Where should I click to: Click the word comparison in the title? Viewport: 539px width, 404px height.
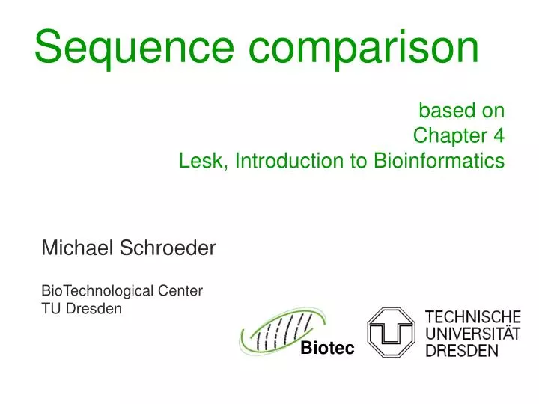coord(365,46)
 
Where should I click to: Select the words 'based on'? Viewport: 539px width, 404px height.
coord(461,111)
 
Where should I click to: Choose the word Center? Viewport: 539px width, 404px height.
coord(180,290)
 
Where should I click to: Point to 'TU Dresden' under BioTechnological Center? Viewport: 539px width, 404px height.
coord(81,307)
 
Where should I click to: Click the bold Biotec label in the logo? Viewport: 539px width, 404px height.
coord(326,349)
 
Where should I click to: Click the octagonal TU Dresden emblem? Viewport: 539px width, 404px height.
coord(392,331)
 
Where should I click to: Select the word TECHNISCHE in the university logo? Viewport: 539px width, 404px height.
coord(472,317)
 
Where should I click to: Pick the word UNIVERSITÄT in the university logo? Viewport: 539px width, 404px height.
coord(472,334)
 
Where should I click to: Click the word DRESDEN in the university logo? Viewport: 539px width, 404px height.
coord(461,350)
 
